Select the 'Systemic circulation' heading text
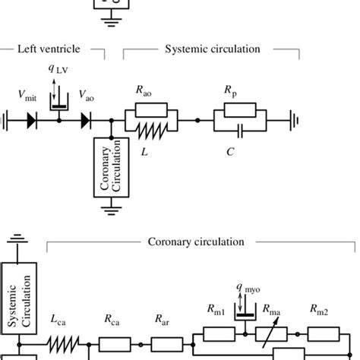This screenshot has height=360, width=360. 213,50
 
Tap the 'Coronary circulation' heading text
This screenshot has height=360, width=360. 195,242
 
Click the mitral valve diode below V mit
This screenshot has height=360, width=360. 32,120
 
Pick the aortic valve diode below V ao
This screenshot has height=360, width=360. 87,120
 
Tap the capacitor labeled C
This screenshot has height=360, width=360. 241,130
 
